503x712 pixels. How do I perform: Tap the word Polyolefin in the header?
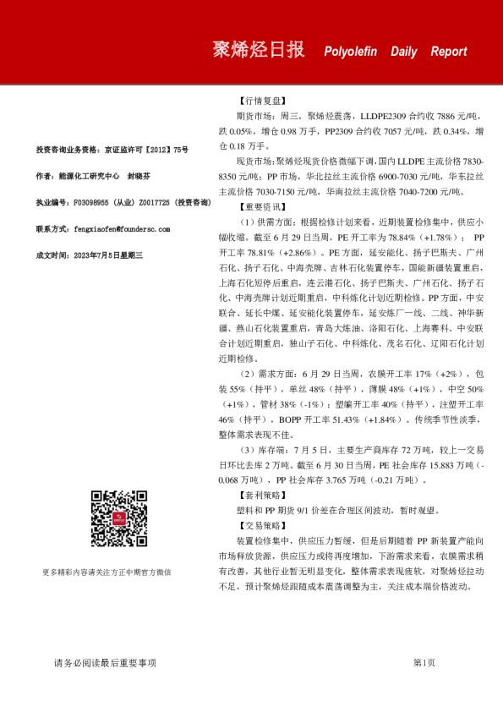pos(352,52)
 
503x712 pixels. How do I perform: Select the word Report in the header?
pos(448,52)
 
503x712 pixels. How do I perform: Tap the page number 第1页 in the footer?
pos(424,663)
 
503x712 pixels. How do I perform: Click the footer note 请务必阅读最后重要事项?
pos(105,663)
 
